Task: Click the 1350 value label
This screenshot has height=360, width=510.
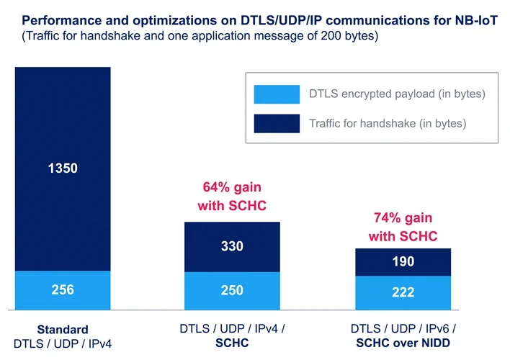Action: [62, 169]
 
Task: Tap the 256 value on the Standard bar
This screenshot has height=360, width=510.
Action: [62, 290]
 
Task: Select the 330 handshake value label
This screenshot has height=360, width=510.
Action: [232, 246]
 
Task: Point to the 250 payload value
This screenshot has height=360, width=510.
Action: [232, 290]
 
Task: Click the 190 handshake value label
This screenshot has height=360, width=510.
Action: [403, 261]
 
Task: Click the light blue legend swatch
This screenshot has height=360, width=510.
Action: [277, 94]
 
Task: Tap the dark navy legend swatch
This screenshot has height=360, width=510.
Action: [277, 123]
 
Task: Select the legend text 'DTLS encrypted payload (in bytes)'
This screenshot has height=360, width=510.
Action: [397, 94]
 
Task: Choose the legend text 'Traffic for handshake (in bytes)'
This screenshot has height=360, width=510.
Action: [388, 123]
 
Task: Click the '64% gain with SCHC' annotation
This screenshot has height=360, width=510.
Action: [232, 197]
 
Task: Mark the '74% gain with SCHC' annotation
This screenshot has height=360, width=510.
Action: [403, 227]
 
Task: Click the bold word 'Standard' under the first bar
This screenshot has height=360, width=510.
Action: [63, 329]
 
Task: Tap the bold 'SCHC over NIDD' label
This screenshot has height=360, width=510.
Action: [403, 343]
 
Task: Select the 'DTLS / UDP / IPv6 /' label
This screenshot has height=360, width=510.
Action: [403, 328]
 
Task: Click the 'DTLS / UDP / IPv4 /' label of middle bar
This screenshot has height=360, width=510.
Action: [232, 328]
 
